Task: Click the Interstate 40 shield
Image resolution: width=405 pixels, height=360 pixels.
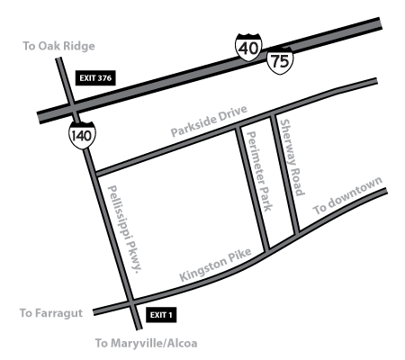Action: coord(249,49)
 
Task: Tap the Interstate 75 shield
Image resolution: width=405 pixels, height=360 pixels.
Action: coord(278,62)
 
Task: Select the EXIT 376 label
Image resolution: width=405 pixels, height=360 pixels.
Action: coord(95,78)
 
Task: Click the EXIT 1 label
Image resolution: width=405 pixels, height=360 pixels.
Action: coord(160,314)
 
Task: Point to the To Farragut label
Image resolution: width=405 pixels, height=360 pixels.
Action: coord(50,314)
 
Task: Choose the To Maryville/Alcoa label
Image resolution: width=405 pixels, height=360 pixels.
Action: coord(146,344)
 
